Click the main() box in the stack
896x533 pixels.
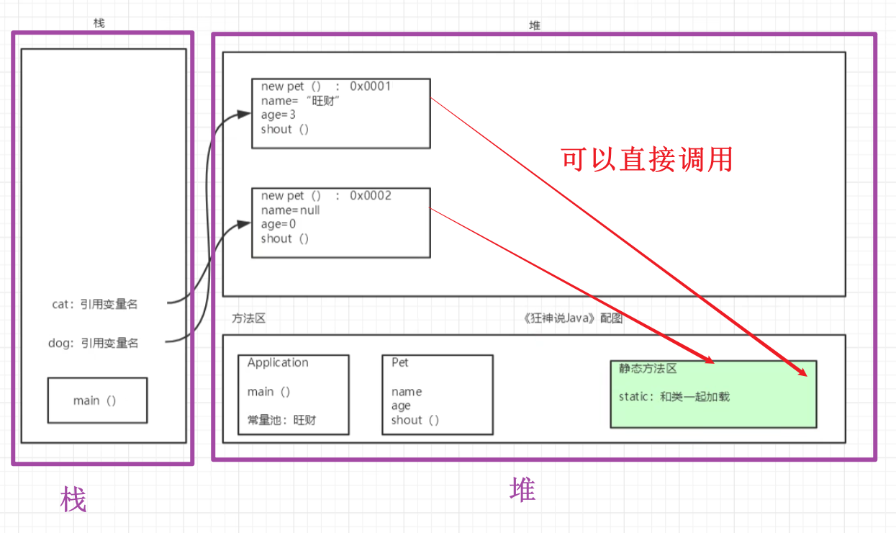pyautogui.click(x=97, y=400)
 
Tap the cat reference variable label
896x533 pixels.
pyautogui.click(x=94, y=305)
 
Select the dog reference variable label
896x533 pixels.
pyautogui.click(x=93, y=344)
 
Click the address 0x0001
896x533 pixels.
pyautogui.click(x=370, y=86)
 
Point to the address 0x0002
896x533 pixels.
pyautogui.click(x=370, y=196)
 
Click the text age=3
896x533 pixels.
pyautogui.click(x=279, y=115)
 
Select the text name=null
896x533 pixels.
pyautogui.click(x=290, y=210)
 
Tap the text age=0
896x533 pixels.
pyautogui.click(x=279, y=224)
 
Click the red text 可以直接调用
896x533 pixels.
pyautogui.click(x=646, y=159)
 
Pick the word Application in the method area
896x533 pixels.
pyautogui.click(x=278, y=363)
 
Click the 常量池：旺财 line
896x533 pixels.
pyautogui.click(x=281, y=420)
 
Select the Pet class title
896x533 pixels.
pyautogui.click(x=399, y=363)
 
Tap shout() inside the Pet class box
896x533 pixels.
pyautogui.click(x=415, y=420)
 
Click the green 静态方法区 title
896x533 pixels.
pyautogui.click(x=648, y=369)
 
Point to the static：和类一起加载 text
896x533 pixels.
pyautogui.click(x=674, y=396)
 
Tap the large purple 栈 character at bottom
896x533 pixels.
pyautogui.click(x=73, y=498)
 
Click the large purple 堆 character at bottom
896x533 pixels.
pyautogui.click(x=522, y=491)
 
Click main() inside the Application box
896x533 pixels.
pyautogui.click(x=268, y=392)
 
